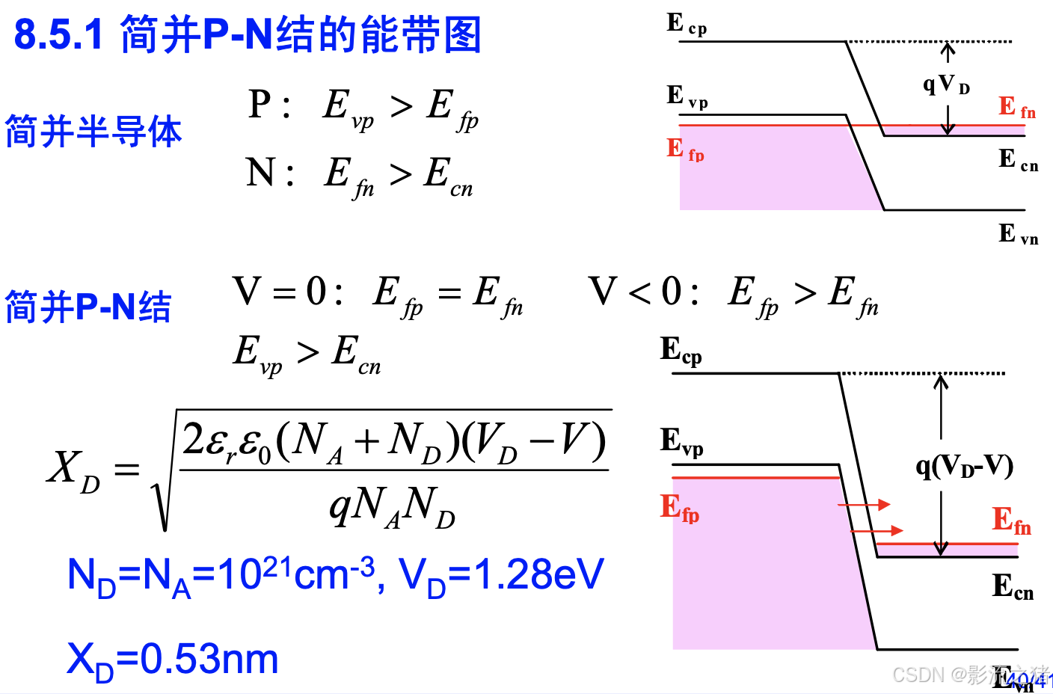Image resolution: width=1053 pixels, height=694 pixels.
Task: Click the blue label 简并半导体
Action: coord(93,132)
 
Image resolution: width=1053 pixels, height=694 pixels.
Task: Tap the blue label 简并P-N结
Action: coord(88,307)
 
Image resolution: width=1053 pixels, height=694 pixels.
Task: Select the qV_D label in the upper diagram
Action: coord(946,84)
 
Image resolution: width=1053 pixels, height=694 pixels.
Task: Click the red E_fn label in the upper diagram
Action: coord(1017,108)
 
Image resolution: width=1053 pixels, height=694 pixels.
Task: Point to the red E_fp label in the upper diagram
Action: coord(685,150)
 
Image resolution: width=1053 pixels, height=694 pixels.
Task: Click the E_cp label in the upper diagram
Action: coord(686,25)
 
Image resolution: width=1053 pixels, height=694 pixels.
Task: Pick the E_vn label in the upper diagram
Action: coord(1018,234)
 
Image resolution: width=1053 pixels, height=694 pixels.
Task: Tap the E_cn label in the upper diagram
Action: coord(1018,160)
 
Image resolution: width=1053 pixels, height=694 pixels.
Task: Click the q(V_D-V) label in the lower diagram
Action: coord(964,467)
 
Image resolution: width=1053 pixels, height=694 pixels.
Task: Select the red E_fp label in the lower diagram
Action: coord(679,508)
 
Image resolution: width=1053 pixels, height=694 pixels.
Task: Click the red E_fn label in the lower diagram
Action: coord(1011,520)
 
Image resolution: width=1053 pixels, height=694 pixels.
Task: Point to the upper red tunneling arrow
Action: coord(864,505)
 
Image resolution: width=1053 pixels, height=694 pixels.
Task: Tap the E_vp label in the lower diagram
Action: coord(681,441)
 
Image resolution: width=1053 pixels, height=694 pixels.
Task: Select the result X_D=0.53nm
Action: coord(173,660)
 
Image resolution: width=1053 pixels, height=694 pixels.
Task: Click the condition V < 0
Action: coord(643,292)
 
